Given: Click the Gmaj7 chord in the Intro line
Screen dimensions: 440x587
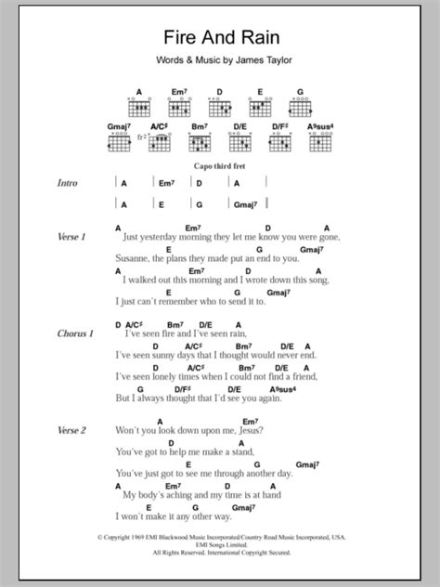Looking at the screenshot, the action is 247,205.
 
